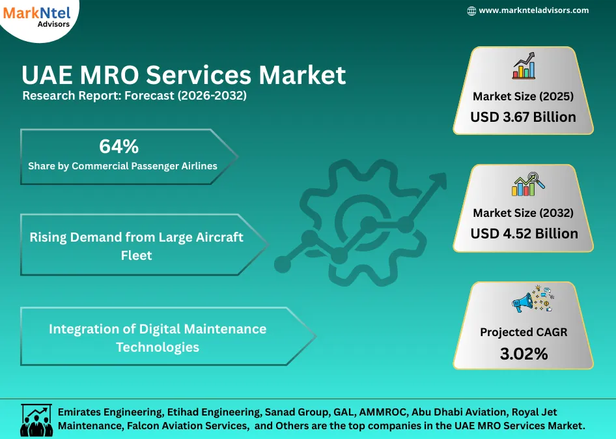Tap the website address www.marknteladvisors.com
[x=533, y=10]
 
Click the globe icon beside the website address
[x=472, y=11]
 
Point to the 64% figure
[x=119, y=146]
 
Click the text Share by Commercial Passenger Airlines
[x=122, y=165]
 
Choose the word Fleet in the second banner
[x=137, y=255]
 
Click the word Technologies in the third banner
[x=158, y=347]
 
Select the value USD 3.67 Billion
[x=523, y=117]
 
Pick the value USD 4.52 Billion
[x=524, y=233]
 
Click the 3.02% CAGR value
[x=524, y=354]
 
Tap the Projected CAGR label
[x=524, y=332]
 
